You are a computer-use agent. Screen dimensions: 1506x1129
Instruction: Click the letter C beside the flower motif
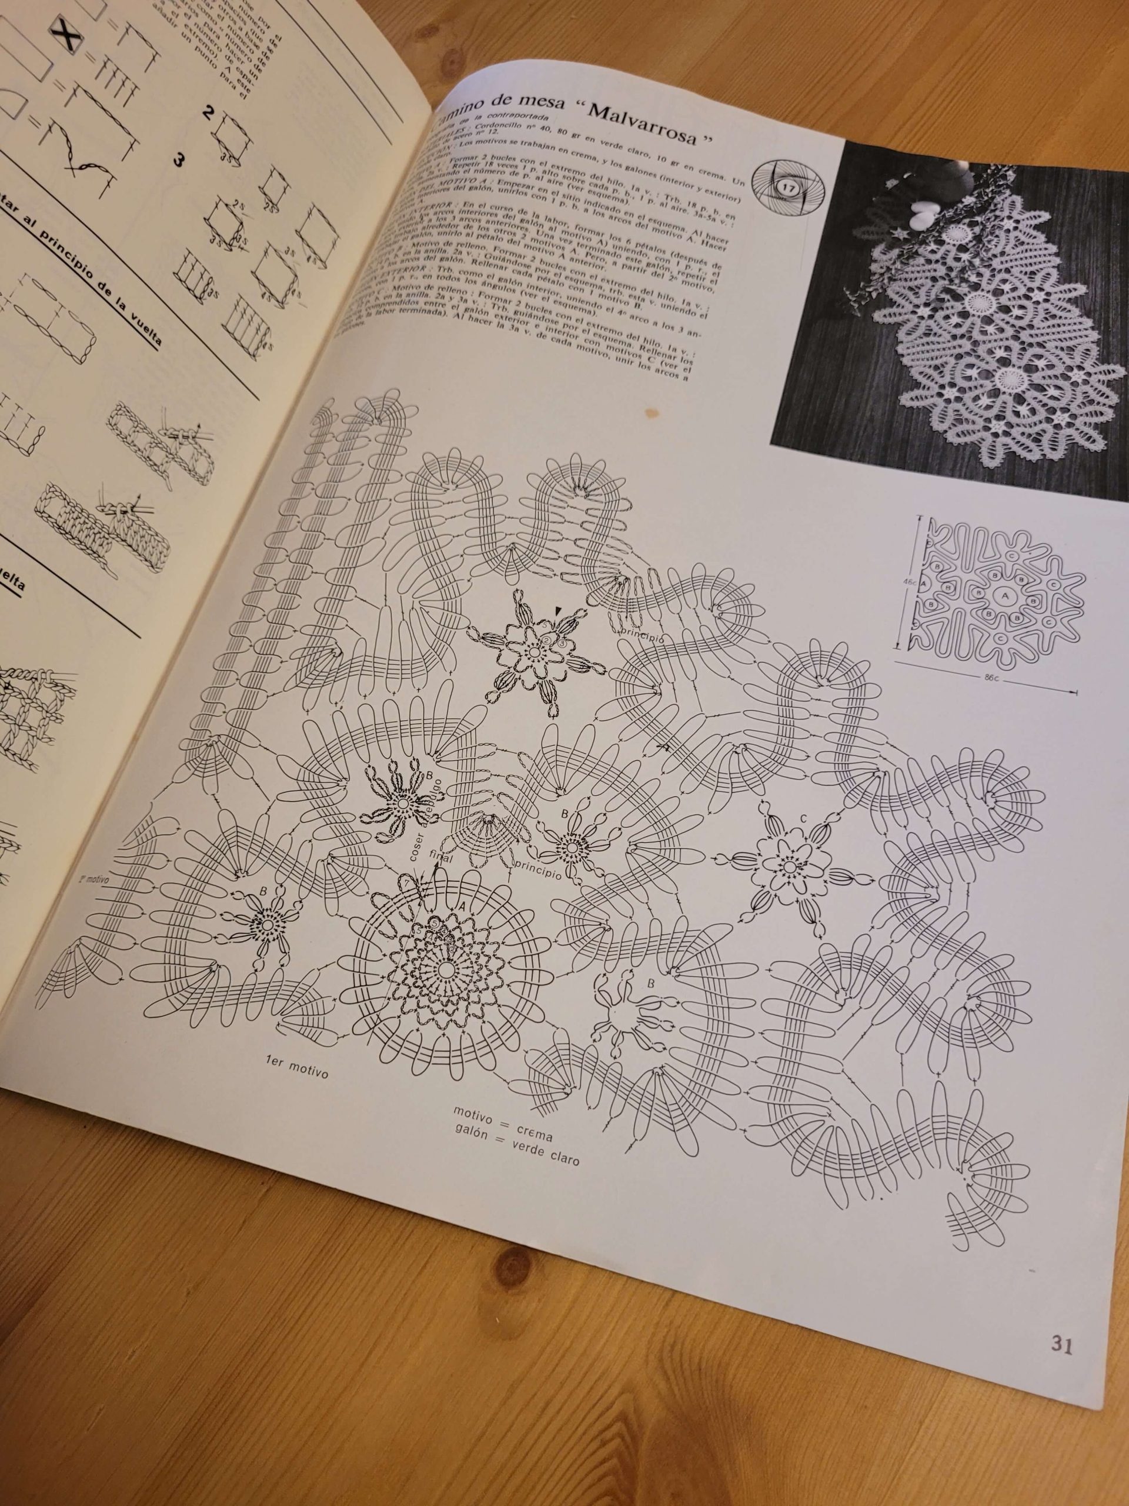tap(803, 818)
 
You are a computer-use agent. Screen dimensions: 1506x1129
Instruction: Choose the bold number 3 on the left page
tap(179, 161)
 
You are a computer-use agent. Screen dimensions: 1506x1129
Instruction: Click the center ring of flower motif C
tap(787, 867)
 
